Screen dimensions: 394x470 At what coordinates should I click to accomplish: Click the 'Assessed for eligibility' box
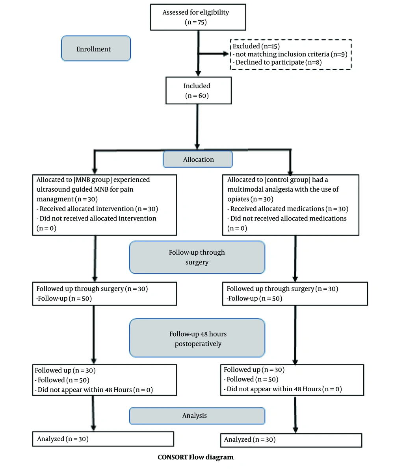(198, 17)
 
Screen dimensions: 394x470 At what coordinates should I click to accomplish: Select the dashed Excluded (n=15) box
(290, 54)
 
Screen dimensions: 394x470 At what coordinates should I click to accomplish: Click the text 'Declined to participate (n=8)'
(279, 62)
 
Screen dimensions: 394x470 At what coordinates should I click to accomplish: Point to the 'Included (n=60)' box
(198, 91)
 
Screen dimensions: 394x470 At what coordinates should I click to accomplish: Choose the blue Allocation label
(198, 159)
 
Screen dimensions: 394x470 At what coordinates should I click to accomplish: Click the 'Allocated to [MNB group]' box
(104, 205)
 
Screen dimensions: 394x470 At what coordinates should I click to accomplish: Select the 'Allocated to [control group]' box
(290, 205)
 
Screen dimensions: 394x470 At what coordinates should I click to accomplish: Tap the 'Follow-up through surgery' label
(197, 257)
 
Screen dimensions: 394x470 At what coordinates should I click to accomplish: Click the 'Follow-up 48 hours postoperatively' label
(197, 338)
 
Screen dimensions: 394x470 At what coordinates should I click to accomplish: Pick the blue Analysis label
(197, 416)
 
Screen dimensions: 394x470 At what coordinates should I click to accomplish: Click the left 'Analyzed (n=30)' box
(103, 439)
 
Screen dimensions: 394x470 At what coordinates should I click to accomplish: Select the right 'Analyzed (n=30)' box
(291, 440)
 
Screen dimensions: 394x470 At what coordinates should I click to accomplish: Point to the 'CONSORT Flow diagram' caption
(196, 457)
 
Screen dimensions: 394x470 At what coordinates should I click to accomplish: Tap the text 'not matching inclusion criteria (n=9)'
(292, 54)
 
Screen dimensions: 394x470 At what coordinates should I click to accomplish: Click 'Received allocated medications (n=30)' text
(289, 209)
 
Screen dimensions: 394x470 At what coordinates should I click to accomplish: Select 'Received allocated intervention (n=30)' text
(99, 209)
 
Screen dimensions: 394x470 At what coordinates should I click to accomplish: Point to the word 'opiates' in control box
(238, 199)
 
